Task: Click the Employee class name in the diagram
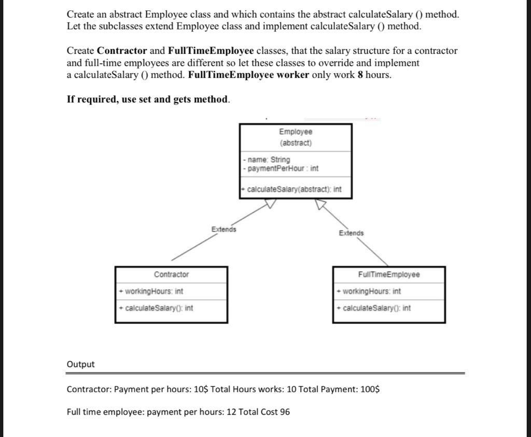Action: tap(295, 132)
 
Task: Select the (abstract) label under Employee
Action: tap(295, 143)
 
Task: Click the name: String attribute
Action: tap(268, 160)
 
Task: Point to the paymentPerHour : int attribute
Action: tap(283, 168)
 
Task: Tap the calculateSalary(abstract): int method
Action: tap(292, 189)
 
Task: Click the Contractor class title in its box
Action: tap(171, 274)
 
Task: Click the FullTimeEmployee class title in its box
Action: tap(388, 274)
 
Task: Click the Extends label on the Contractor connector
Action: tap(223, 229)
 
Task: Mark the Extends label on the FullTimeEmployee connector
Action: tap(351, 233)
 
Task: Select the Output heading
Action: tap(81, 364)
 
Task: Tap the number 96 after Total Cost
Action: tap(285, 412)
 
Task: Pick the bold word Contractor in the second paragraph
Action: tap(122, 51)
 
